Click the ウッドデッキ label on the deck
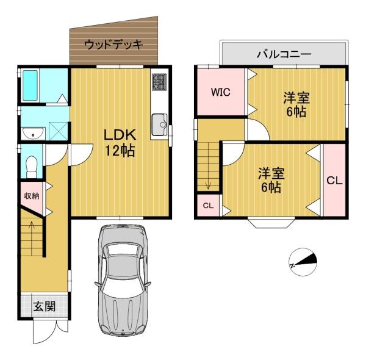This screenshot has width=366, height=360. (x=113, y=45)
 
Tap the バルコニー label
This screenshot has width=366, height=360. (x=284, y=54)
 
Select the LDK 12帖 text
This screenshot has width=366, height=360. (x=118, y=142)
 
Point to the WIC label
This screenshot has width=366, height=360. (x=220, y=93)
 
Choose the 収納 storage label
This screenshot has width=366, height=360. (x=32, y=196)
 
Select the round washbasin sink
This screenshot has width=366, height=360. (x=31, y=133)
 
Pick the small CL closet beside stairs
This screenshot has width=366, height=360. (x=208, y=206)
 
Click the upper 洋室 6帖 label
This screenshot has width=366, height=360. (x=295, y=104)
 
